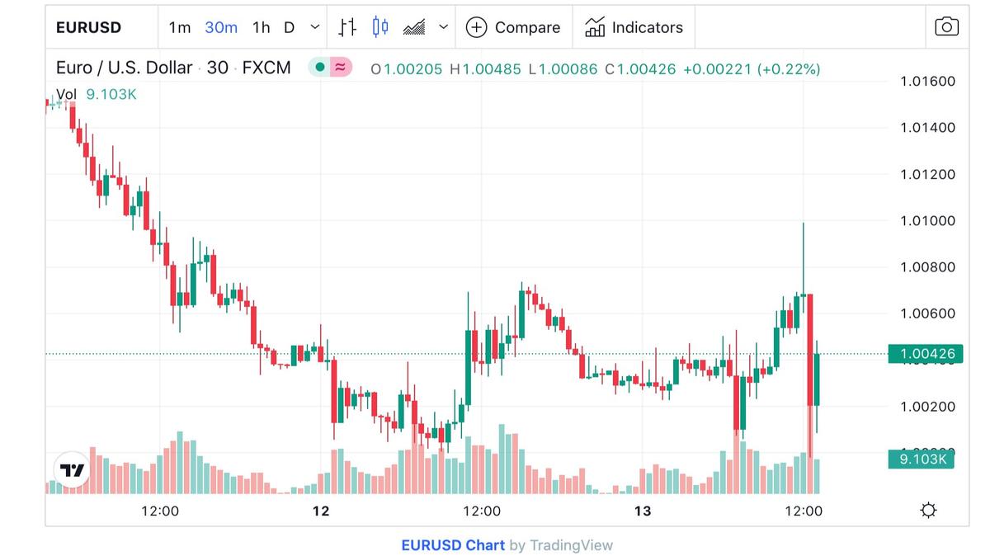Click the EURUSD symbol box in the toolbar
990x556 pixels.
click(88, 27)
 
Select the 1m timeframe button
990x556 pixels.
click(180, 27)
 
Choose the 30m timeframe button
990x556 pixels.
click(221, 27)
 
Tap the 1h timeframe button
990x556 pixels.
click(261, 27)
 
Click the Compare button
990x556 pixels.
click(513, 27)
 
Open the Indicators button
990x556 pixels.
click(634, 27)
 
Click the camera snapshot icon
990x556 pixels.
click(946, 26)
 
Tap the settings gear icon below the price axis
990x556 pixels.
click(928, 511)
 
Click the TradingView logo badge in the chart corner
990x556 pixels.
click(72, 470)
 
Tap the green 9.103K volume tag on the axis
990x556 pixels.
click(922, 459)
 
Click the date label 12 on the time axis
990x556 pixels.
click(321, 511)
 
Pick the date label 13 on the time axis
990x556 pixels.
click(643, 511)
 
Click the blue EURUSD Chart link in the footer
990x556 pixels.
click(452, 545)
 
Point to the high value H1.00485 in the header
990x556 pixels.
click(485, 69)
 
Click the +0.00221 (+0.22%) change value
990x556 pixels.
click(751, 69)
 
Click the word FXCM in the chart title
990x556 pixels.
click(266, 68)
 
